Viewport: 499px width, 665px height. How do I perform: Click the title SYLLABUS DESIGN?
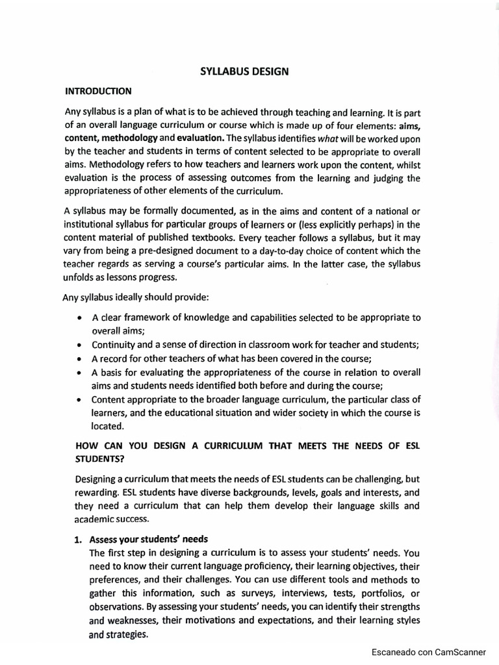click(x=244, y=71)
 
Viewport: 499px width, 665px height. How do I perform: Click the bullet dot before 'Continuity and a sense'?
click(x=79, y=345)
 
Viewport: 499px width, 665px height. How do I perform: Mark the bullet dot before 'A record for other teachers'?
click(x=79, y=358)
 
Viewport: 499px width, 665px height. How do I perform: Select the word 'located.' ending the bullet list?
click(x=107, y=426)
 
